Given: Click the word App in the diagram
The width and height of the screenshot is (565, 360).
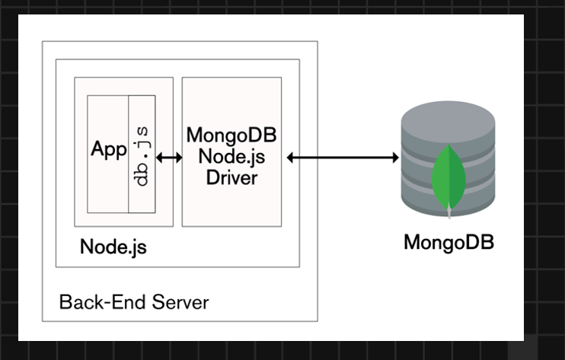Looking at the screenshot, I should point(108,150).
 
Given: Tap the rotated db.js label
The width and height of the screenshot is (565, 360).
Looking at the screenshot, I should point(142,157).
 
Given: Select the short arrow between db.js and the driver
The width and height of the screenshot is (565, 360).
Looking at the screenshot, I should point(168,158).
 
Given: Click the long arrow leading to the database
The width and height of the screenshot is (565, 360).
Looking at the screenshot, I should point(343,158).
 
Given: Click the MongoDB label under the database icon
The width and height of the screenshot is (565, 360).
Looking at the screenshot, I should point(448,243).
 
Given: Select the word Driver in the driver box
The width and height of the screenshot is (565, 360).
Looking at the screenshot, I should point(231,178).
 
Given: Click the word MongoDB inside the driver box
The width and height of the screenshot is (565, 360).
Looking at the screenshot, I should point(231,136).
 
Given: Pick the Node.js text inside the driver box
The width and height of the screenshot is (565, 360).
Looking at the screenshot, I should point(231,158).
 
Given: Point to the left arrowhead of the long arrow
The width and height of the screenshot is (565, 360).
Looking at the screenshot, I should point(291,158).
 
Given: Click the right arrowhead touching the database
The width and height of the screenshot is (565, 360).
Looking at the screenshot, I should point(395,158).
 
